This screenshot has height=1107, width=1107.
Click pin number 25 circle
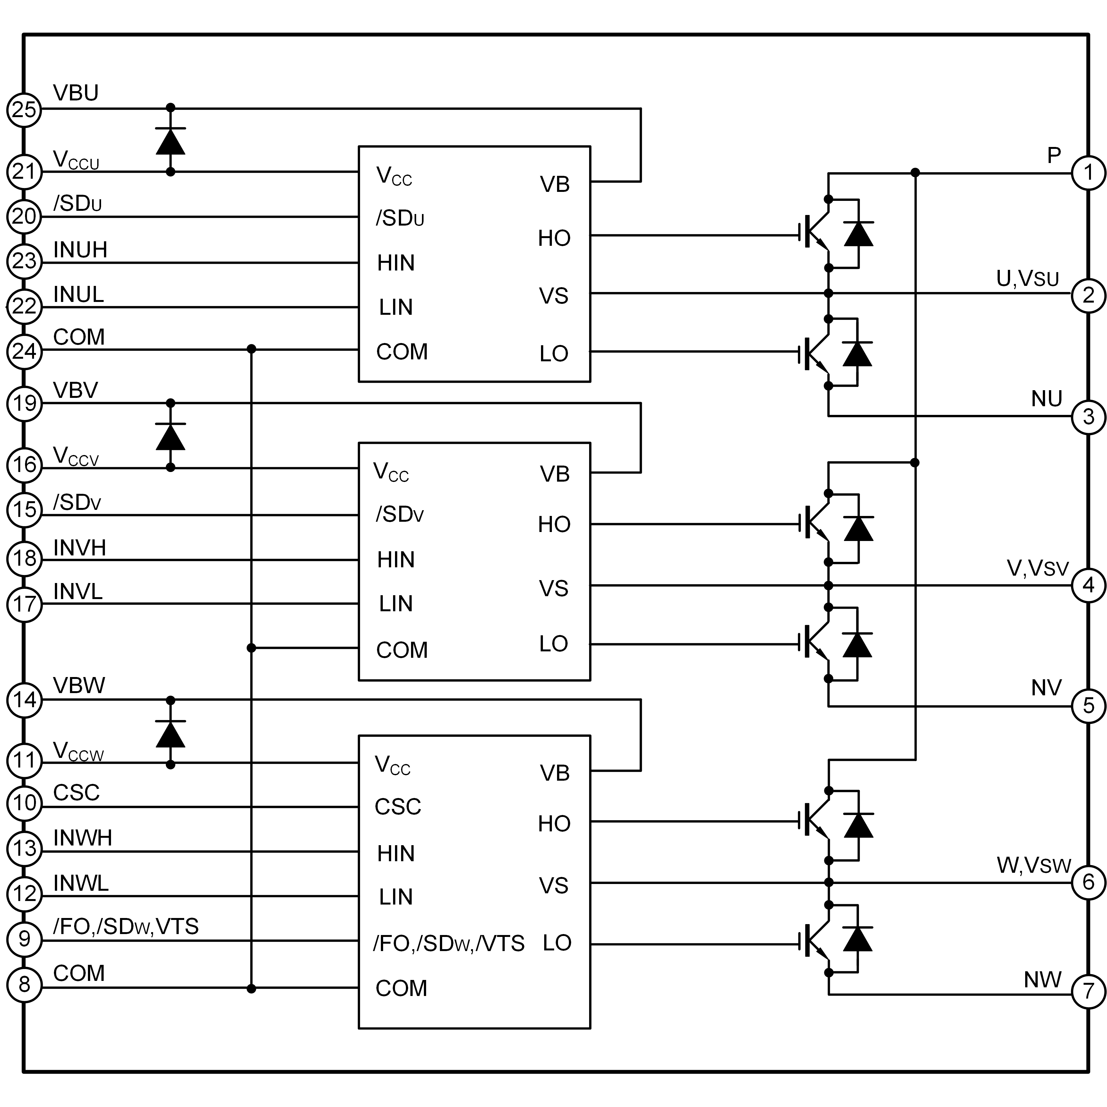24,109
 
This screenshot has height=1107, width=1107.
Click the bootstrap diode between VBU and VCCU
170,141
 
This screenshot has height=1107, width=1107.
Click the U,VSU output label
1027,279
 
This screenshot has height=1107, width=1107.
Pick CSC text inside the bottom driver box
398,807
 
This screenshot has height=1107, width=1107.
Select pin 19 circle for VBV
24,403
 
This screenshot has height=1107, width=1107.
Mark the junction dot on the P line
915,173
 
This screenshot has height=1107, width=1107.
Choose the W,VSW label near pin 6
1034,865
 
